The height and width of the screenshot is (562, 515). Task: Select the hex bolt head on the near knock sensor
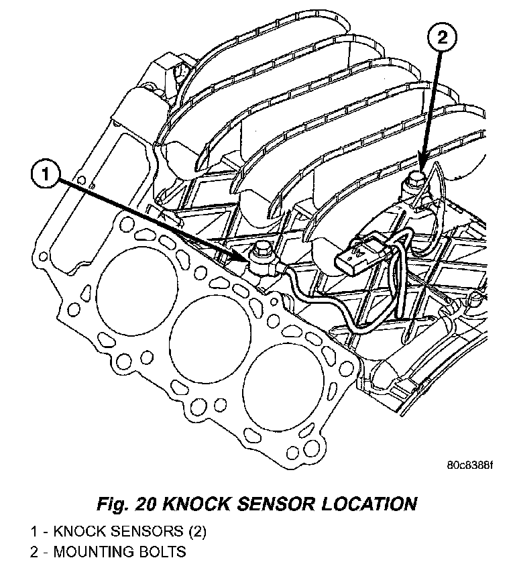pyautogui.click(x=260, y=253)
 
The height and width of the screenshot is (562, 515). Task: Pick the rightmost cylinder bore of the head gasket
pyautogui.click(x=281, y=390)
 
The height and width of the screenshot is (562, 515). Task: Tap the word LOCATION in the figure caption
pyautogui.click(x=367, y=503)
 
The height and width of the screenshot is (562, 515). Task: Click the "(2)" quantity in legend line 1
pyautogui.click(x=194, y=532)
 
